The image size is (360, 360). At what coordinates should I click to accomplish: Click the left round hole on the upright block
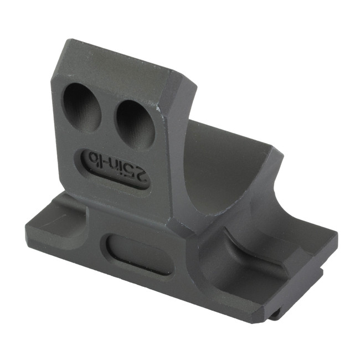(82, 107)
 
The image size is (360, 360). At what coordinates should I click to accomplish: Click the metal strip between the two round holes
(109, 114)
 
